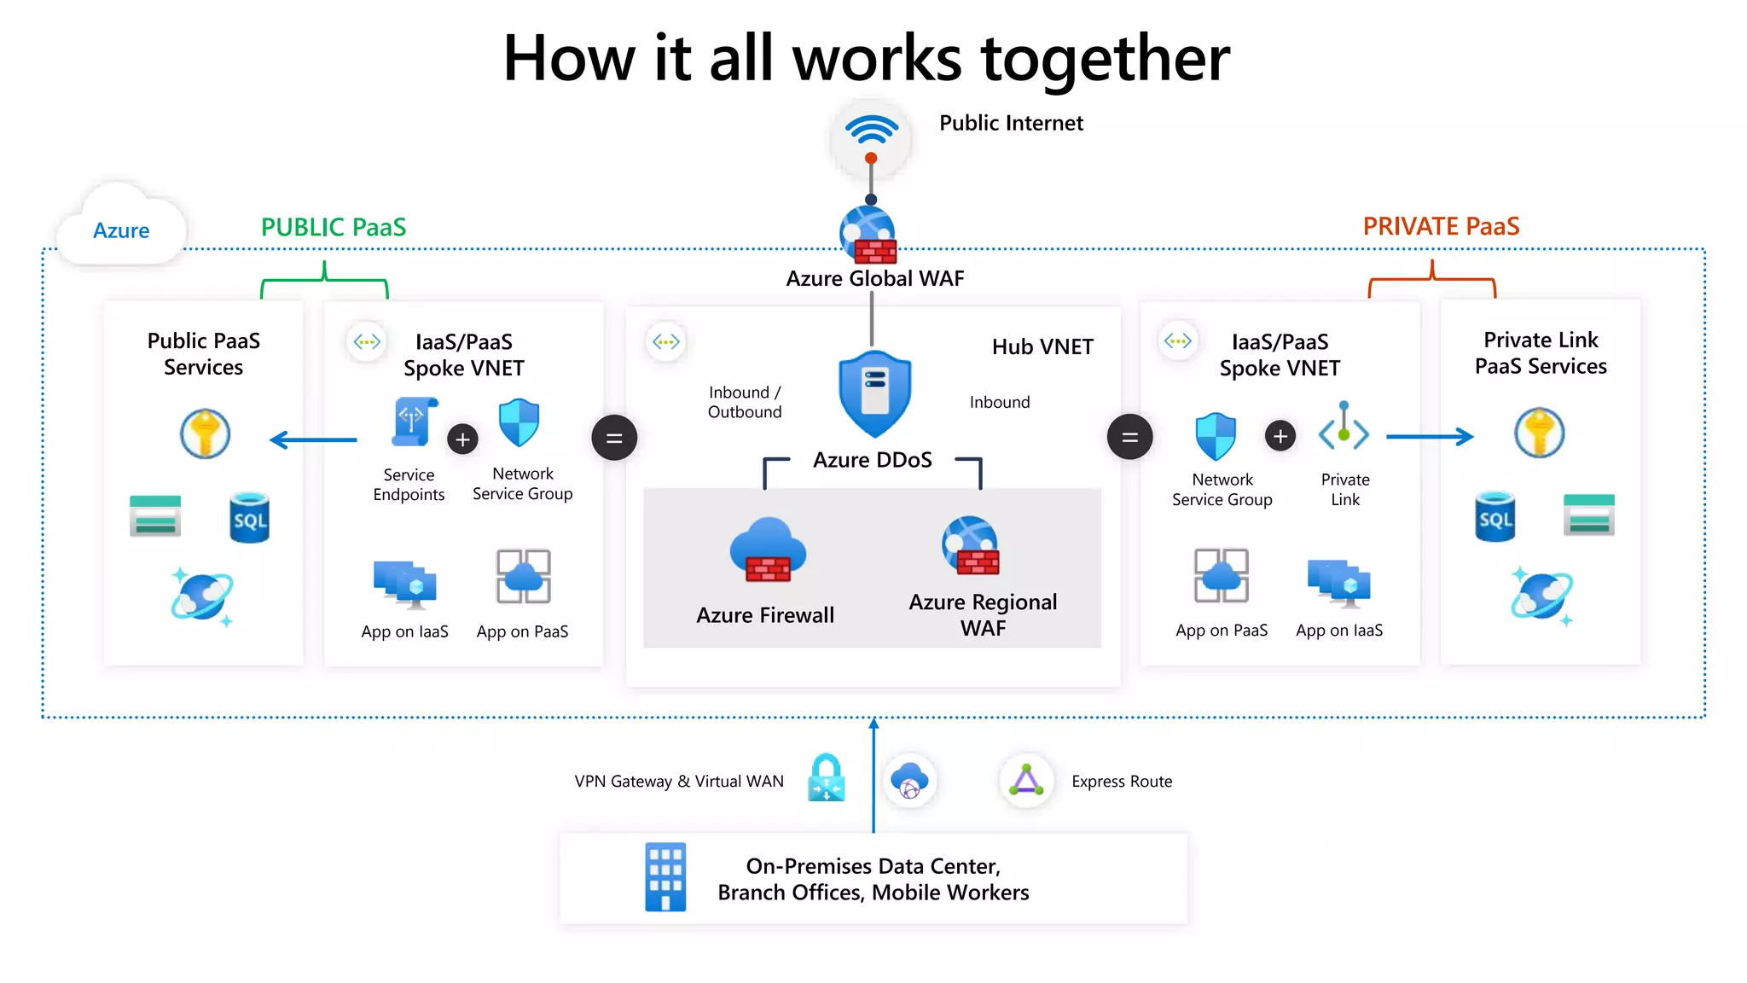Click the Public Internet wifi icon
pos(871,137)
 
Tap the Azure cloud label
pos(121,230)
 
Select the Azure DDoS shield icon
pos(874,393)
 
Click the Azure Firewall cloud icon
pos(768,550)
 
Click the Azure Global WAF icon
pos(868,236)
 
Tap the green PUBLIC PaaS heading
pos(334,227)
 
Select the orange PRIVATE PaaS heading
pos(1441,226)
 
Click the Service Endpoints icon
pos(414,422)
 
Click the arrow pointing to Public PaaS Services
pos(313,440)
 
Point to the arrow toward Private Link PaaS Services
pos(1430,437)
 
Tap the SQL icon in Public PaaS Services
pos(250,518)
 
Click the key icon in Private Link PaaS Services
pos(1539,433)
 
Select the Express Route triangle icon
pos(1026,780)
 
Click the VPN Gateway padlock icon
pos(826,778)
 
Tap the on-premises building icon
pos(665,877)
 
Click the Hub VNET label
pos(1042,347)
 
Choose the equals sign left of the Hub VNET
pos(614,438)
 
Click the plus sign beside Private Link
pos(1280,436)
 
